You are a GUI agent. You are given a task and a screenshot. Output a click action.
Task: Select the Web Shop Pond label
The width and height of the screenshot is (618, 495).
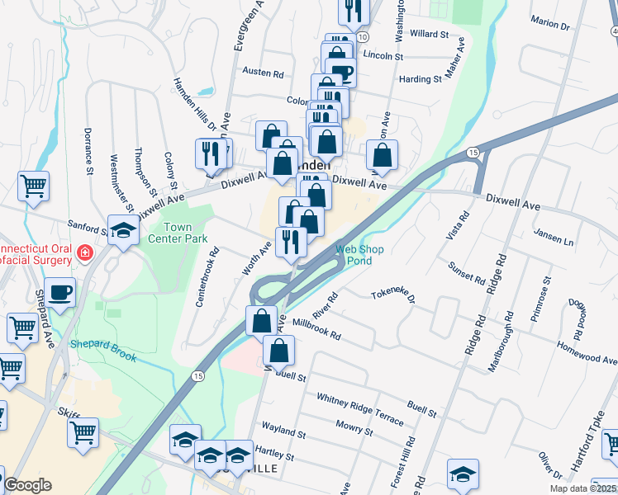353,254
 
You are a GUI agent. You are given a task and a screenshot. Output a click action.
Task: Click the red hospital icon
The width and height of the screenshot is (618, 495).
84,252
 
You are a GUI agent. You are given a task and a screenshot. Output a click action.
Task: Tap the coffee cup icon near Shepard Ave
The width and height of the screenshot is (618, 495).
61,292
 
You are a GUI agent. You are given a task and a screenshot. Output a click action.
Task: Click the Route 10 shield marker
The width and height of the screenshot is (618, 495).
364,38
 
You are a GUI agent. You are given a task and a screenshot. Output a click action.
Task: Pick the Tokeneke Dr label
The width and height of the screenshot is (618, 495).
392,295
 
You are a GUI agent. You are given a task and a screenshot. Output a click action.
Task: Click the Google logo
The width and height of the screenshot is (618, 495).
27,485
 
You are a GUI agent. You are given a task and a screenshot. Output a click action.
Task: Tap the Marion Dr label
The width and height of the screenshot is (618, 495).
551,24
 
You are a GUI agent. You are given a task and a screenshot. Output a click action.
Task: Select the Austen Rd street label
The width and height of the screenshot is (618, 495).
263,73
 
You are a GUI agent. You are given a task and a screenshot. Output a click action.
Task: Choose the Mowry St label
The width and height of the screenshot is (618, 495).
354,428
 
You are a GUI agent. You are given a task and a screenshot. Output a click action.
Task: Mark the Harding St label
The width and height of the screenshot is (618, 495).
421,79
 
